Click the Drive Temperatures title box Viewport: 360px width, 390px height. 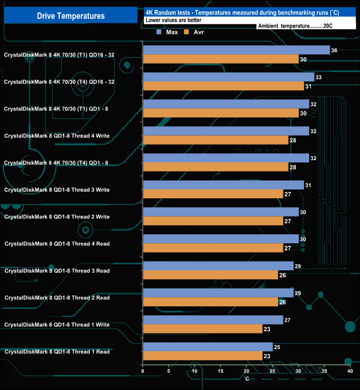click(70, 16)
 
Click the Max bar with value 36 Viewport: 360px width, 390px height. click(236, 50)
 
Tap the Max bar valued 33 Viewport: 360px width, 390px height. click(228, 77)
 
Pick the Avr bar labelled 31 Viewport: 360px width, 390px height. click(223, 86)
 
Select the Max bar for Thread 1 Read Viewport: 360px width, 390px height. click(208, 347)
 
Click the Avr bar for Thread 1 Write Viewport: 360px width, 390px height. click(202, 329)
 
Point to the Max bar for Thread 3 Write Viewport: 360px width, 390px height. click(223, 185)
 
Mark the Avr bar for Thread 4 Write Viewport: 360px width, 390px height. click(215, 140)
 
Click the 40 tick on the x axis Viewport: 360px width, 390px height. click(349, 371)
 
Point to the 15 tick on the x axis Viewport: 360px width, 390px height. click(220, 371)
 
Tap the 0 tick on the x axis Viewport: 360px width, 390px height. click(143, 371)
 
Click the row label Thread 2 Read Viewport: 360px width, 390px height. click(57, 298)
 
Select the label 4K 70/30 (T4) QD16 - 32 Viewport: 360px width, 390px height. click(59, 81)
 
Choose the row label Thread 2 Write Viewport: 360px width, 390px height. click(57, 217)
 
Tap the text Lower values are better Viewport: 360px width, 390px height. click(173, 20)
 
